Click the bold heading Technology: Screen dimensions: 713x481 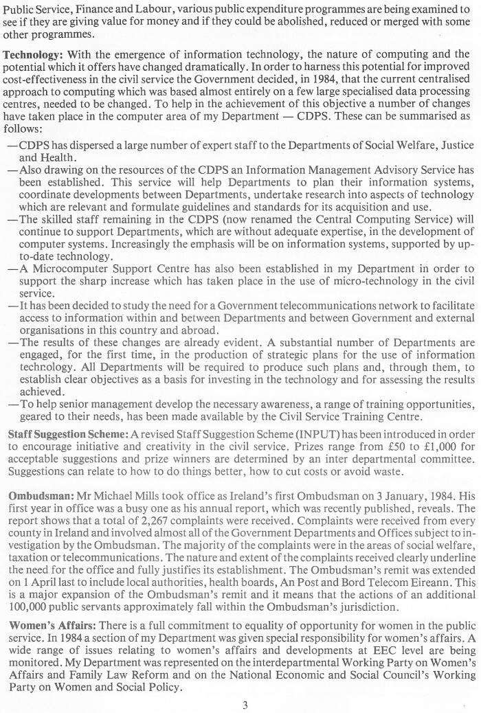pos(32,53)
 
